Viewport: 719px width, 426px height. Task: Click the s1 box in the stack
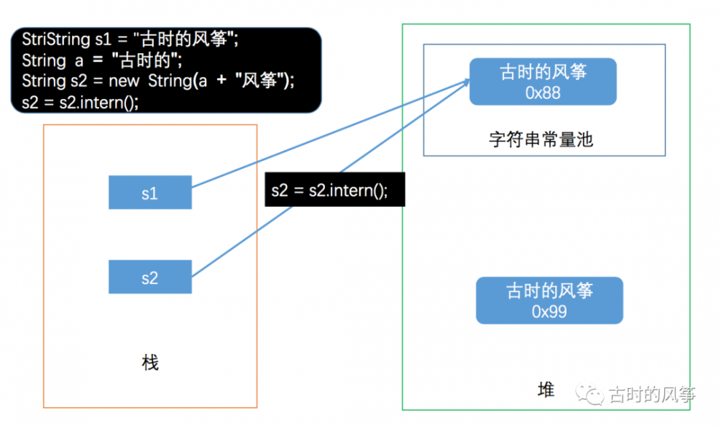(x=150, y=193)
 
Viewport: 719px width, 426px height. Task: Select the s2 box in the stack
(x=150, y=277)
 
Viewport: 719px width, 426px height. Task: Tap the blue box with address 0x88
(x=543, y=81)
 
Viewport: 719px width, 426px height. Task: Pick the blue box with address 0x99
(x=549, y=300)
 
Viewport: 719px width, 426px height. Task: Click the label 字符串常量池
(x=540, y=139)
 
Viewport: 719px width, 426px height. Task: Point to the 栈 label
(x=150, y=363)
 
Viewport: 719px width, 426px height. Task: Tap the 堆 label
(x=546, y=390)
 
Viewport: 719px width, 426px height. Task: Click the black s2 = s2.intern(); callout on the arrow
(x=335, y=190)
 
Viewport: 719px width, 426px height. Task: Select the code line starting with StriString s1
(x=129, y=40)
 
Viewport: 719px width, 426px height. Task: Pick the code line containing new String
(x=158, y=80)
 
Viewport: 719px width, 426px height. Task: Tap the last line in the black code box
(x=80, y=101)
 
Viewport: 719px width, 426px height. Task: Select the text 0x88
(x=543, y=93)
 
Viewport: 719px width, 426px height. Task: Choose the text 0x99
(x=549, y=312)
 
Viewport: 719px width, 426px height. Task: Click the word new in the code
(x=124, y=80)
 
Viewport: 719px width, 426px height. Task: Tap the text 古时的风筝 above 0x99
(x=549, y=291)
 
